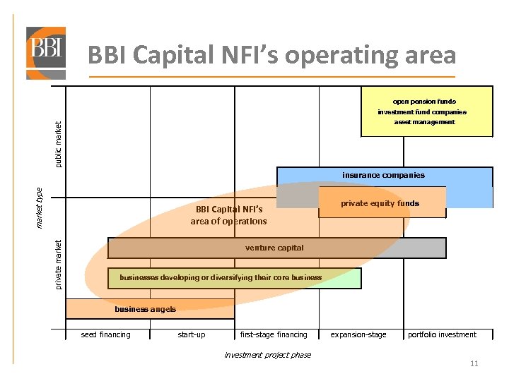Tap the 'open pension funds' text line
(426, 102)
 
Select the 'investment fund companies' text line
(422, 112)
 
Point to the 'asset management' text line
(425, 122)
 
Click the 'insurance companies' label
(384, 175)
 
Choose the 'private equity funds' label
(380, 203)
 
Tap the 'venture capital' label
(274, 248)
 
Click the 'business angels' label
(145, 309)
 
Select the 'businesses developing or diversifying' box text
(221, 277)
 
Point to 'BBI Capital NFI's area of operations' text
(229, 215)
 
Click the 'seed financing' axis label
(106, 334)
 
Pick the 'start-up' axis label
(192, 334)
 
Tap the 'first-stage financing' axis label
(274, 334)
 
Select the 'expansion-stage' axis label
(359, 334)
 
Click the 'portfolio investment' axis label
(443, 334)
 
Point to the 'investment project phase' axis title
(267, 355)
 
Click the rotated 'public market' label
(59, 145)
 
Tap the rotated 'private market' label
(59, 263)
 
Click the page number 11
(474, 364)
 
